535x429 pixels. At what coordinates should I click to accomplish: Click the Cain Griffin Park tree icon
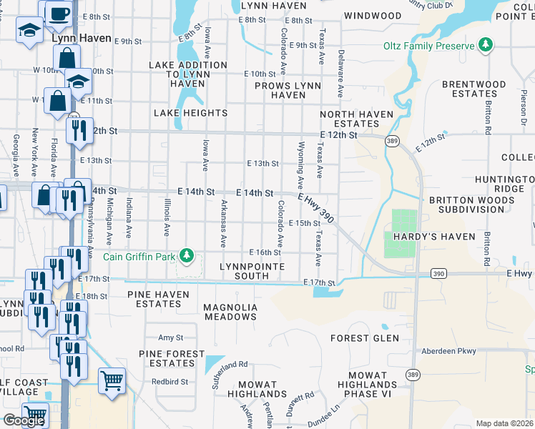coord(187,255)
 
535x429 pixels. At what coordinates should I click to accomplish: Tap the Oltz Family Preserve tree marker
coord(486,46)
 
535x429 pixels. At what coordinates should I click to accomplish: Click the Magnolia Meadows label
coord(230,312)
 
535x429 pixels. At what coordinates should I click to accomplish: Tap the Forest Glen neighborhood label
coord(360,338)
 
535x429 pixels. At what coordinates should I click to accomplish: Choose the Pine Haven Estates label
coord(158,299)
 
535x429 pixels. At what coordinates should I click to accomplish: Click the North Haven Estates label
coord(356,119)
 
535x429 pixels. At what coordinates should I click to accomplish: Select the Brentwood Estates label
coord(468,89)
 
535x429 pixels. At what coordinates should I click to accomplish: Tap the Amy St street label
coord(171,337)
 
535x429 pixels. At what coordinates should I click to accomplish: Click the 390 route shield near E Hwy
coord(439,273)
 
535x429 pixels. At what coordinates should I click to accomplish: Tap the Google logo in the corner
coord(24,420)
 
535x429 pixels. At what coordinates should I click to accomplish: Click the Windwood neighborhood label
coord(373,15)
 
